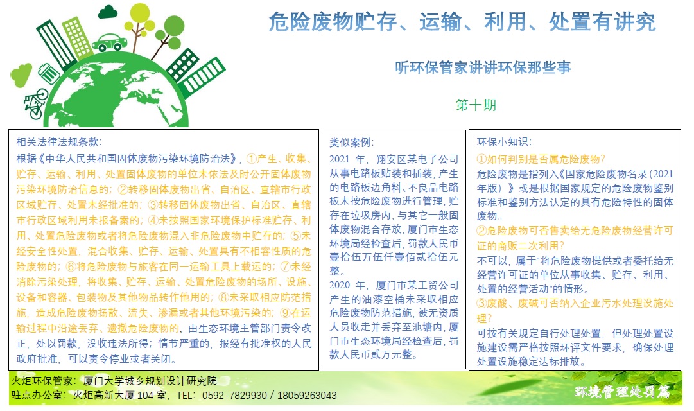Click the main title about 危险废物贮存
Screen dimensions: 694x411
pyautogui.click(x=462, y=22)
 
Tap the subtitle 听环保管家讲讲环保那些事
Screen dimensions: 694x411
pyautogui.click(x=483, y=67)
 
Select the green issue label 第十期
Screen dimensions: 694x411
pyautogui.click(x=476, y=105)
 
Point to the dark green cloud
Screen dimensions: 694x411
pyautogui.click(x=108, y=12)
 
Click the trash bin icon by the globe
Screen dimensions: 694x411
pyautogui.click(x=49, y=73)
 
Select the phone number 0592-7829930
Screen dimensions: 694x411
pyautogui.click(x=234, y=396)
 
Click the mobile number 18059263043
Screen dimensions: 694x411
pyautogui.click(x=307, y=396)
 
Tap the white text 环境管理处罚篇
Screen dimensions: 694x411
pyautogui.click(x=622, y=392)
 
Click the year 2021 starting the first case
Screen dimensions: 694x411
pyautogui.click(x=340, y=159)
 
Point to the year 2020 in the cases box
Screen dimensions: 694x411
pyautogui.click(x=340, y=285)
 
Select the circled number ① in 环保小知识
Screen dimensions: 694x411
pyautogui.click(x=481, y=159)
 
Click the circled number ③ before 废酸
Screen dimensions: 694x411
pyautogui.click(x=481, y=303)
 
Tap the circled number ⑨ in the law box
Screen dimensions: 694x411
pyautogui.click(x=286, y=313)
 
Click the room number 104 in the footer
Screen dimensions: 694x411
pyautogui.click(x=144, y=396)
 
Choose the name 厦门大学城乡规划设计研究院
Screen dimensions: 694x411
pyautogui.click(x=150, y=381)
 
